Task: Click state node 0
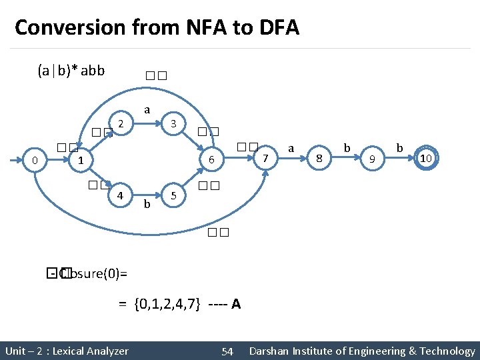pyautogui.click(x=34, y=160)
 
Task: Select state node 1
pyautogui.click(x=80, y=161)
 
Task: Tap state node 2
pyautogui.click(x=120, y=123)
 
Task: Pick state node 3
pyautogui.click(x=173, y=123)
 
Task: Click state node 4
pyautogui.click(x=120, y=196)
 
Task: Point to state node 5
pyautogui.click(x=173, y=196)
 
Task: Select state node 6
pyautogui.click(x=211, y=160)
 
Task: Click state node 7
pyautogui.click(x=265, y=158)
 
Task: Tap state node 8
pyautogui.click(x=319, y=158)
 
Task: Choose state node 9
pyautogui.click(x=372, y=159)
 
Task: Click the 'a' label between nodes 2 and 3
pyautogui.click(x=147, y=109)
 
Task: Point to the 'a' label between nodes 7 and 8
pyautogui.click(x=291, y=147)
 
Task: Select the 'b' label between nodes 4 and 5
pyautogui.click(x=147, y=203)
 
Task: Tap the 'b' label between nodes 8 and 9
pyautogui.click(x=346, y=146)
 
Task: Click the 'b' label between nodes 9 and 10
pyautogui.click(x=399, y=146)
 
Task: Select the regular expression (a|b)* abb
pyautogui.click(x=71, y=70)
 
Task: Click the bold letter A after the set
pyautogui.click(x=236, y=304)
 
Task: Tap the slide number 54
pyautogui.click(x=227, y=351)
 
